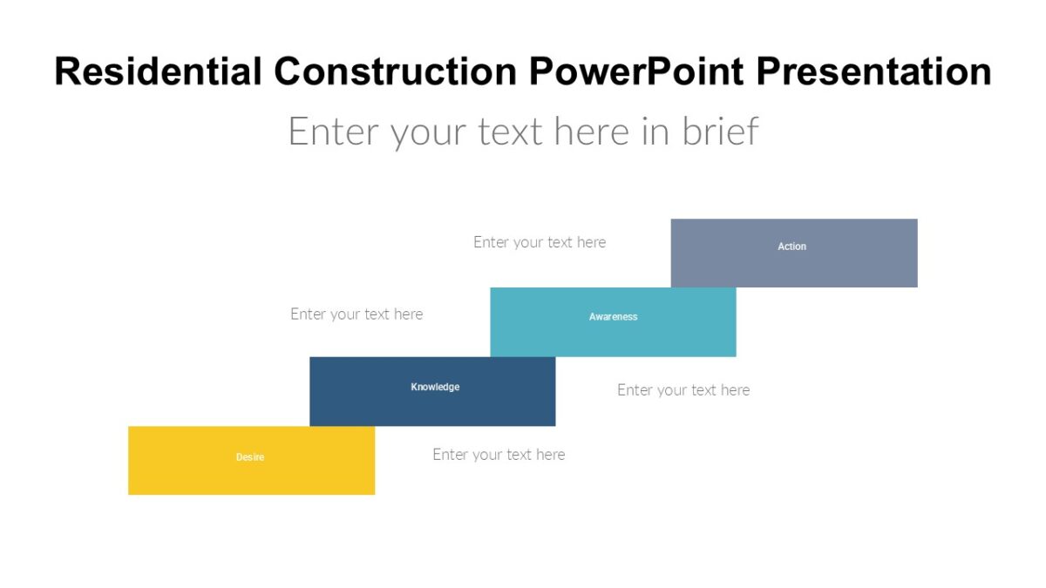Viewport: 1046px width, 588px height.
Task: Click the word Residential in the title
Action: click(x=158, y=71)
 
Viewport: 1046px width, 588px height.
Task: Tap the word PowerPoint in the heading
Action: click(x=637, y=71)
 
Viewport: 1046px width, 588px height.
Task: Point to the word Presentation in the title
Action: click(x=873, y=71)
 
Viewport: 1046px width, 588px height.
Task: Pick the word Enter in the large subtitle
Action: click(x=334, y=132)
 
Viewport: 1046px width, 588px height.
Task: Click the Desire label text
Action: click(x=250, y=457)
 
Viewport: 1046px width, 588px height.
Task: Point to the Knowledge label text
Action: click(x=435, y=387)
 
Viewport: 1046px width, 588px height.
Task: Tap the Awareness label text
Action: click(x=613, y=317)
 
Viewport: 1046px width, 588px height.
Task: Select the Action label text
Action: click(x=791, y=247)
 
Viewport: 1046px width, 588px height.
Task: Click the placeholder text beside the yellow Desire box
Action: click(x=499, y=455)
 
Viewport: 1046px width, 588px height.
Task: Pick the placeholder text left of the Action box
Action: click(x=540, y=242)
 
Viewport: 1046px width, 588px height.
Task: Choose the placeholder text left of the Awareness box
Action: click(x=357, y=314)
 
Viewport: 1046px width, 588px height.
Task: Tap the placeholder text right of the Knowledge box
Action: click(x=683, y=390)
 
